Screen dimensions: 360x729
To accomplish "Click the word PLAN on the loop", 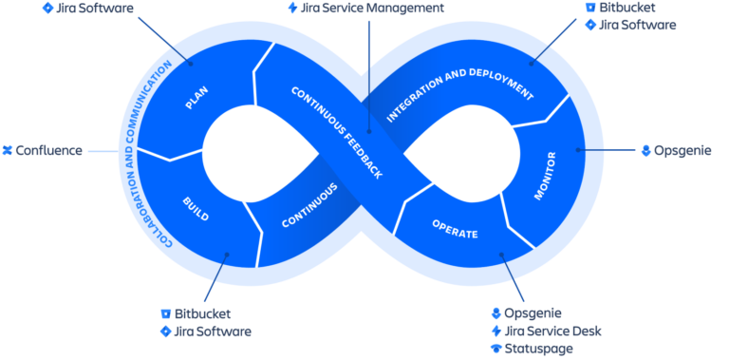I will (x=196, y=97).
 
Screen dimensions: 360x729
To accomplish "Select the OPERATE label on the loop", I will (x=454, y=229).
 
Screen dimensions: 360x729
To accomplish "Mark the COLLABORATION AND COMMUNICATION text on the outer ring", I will (x=145, y=152).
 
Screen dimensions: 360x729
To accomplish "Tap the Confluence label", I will (x=49, y=150).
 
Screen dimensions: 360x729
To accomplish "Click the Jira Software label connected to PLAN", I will (x=94, y=8).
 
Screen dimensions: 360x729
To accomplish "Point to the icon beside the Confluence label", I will (x=7, y=150).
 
